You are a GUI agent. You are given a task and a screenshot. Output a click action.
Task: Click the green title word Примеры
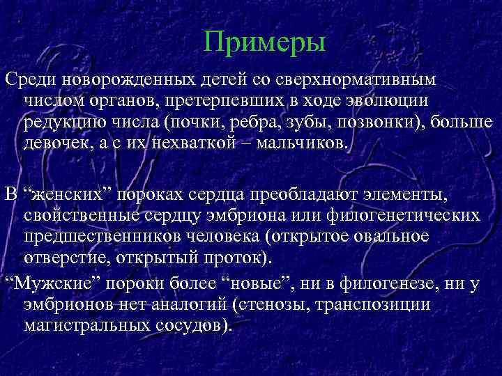point(265,43)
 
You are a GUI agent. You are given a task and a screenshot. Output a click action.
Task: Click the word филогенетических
point(404,214)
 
